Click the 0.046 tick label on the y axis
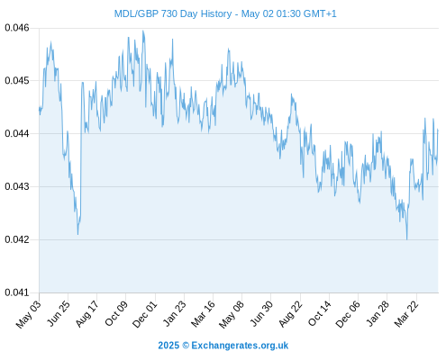coord(17,28)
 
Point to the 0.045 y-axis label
coord(17,81)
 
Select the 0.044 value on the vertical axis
coord(17,133)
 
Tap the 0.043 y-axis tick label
coord(17,186)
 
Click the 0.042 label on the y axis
coord(17,239)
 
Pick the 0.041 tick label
coord(17,292)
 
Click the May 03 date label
coord(29,314)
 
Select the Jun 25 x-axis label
coord(59,314)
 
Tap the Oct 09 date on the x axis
coord(116,314)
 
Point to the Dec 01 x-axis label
coord(144,314)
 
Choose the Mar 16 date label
coord(203,314)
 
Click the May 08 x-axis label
coord(232,314)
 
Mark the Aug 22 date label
coord(290,314)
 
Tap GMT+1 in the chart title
coord(320,13)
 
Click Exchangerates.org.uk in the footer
coord(240,346)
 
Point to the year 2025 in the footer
coord(168,346)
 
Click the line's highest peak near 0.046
coord(143,31)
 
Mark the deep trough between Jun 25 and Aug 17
coord(77,234)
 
